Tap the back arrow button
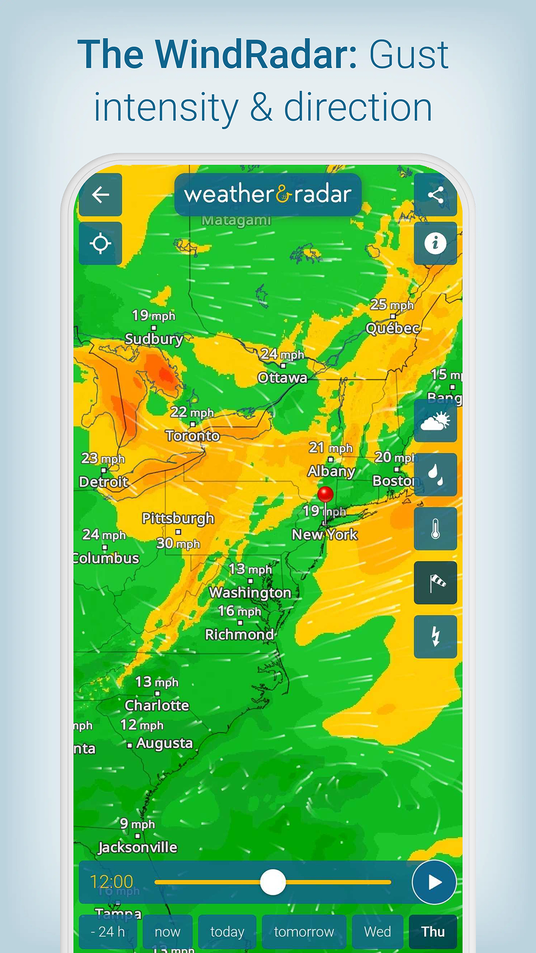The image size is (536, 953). pyautogui.click(x=100, y=195)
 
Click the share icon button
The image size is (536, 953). pyautogui.click(x=435, y=195)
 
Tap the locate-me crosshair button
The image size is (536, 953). pyautogui.click(x=100, y=244)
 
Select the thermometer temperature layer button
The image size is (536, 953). pyautogui.click(x=435, y=529)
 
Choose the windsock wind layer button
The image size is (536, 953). pyautogui.click(x=435, y=583)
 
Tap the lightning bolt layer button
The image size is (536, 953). pyautogui.click(x=435, y=637)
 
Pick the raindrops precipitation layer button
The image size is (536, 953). pyautogui.click(x=435, y=475)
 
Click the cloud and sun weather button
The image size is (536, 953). pyautogui.click(x=435, y=421)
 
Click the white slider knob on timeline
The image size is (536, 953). pyautogui.click(x=273, y=882)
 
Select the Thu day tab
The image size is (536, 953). pyautogui.click(x=433, y=932)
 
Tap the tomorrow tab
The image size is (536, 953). pyautogui.click(x=304, y=932)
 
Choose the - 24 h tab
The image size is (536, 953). pyautogui.click(x=108, y=932)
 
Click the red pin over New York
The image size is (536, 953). pyautogui.click(x=325, y=494)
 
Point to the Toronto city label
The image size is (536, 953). pyautogui.click(x=193, y=436)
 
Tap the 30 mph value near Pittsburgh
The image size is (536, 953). pyautogui.click(x=178, y=544)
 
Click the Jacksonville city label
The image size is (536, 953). pyautogui.click(x=137, y=847)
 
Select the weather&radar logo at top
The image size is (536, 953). pyautogui.click(x=268, y=194)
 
